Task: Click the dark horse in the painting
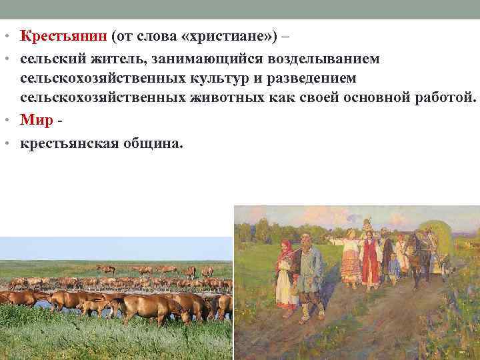click(419, 250)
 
